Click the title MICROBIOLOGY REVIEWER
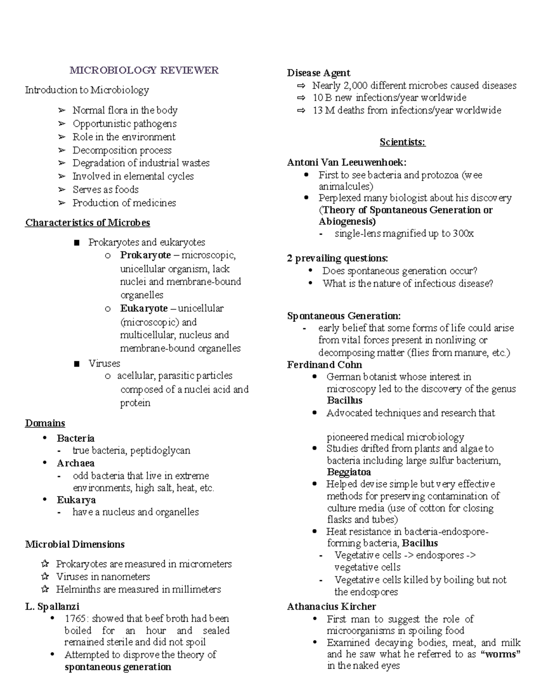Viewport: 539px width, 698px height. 144,70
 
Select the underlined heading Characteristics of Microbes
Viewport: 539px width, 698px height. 88,223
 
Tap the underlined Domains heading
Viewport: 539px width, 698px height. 45,423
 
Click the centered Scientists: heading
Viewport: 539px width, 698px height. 402,142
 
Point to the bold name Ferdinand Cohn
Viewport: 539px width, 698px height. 324,365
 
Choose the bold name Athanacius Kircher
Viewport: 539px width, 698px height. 331,607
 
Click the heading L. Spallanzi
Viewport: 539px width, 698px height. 52,607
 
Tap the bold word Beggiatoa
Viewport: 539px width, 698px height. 349,472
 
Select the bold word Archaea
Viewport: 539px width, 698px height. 75,463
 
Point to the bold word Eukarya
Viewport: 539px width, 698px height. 76,500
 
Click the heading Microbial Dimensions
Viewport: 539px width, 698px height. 75,545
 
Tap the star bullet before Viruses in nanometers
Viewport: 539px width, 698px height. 44,577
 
